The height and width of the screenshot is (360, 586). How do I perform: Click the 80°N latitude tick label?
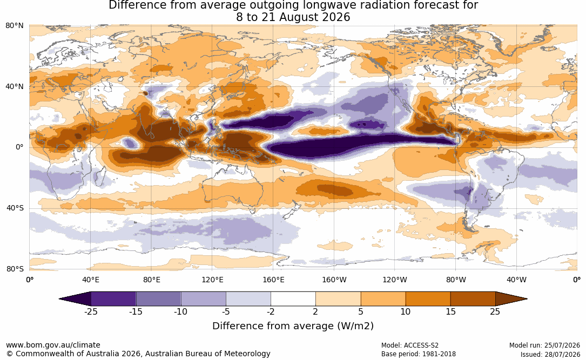(15, 26)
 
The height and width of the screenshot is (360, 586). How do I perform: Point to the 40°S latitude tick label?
(15, 208)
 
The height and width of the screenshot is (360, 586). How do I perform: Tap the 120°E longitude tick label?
(212, 280)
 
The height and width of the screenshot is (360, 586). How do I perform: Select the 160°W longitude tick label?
(334, 280)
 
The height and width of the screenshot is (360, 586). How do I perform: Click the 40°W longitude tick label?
(517, 280)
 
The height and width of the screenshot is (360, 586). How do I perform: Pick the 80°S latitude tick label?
(15, 269)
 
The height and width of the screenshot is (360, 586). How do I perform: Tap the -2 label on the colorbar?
(271, 311)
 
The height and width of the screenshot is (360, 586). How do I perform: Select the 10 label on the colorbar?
(406, 311)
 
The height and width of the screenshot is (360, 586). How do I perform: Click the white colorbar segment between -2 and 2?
(293, 299)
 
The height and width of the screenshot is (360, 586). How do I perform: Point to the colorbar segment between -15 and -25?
(113, 299)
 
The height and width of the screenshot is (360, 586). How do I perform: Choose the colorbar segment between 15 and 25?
(473, 299)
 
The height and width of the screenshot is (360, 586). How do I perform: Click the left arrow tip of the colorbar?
(59, 299)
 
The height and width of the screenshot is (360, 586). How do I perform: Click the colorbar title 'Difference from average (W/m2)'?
(293, 326)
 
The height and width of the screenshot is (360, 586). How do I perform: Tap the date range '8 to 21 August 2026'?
(293, 17)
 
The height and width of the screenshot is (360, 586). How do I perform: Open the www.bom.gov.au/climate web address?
(53, 345)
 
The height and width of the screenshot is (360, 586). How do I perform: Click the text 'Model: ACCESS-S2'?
(410, 345)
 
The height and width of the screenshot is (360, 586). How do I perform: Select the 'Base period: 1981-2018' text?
(419, 354)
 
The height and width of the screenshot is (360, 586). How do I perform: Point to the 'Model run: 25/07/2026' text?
(544, 345)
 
